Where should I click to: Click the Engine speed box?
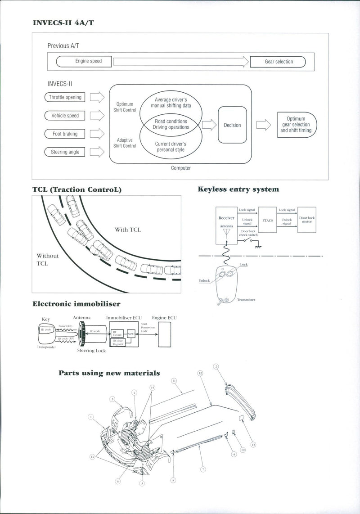(84, 61)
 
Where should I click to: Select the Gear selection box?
(278, 62)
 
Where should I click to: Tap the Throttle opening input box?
(65, 97)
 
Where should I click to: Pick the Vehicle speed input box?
(65, 116)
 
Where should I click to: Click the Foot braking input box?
(65, 134)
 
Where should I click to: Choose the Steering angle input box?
(65, 152)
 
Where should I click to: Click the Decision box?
(232, 125)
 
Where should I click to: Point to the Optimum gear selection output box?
(296, 125)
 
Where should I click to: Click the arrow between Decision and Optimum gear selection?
(264, 125)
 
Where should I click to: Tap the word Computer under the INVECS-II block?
(181, 168)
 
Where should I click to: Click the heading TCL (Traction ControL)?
(77, 189)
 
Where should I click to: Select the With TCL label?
(128, 230)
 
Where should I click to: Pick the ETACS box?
(267, 221)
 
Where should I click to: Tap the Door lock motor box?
(307, 220)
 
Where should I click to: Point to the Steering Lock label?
(91, 351)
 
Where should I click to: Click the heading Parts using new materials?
(109, 373)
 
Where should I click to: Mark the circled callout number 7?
(203, 469)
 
